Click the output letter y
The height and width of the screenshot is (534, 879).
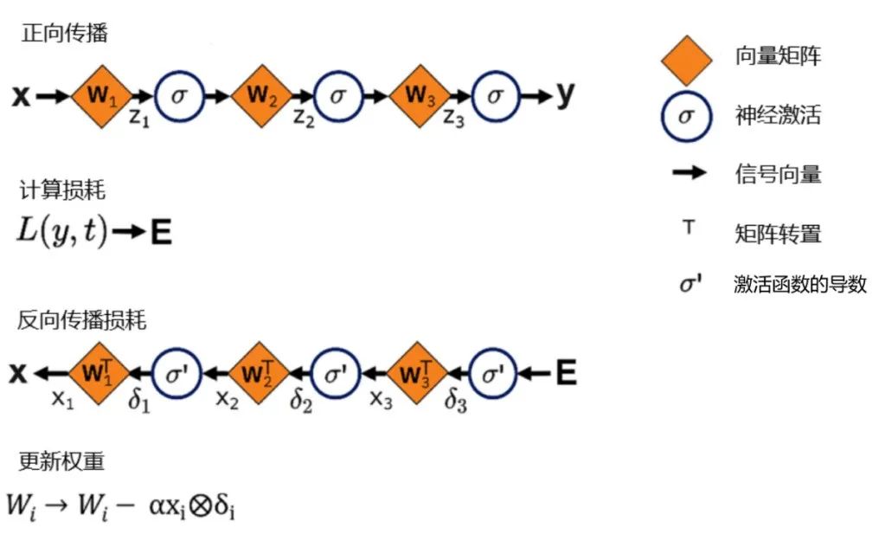coord(565,95)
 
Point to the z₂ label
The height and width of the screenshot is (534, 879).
coord(304,119)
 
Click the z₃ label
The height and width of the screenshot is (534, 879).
coord(454,119)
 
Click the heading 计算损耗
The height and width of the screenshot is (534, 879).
coord(62,190)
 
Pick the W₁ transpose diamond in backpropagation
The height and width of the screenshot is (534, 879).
coord(98,374)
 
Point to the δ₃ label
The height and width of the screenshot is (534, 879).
coord(456,402)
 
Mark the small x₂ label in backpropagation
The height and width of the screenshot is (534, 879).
coord(227,399)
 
